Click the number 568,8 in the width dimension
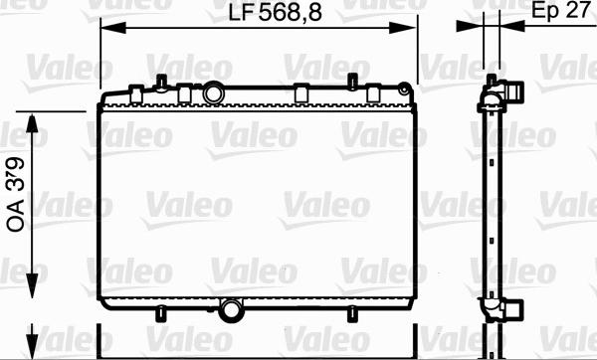pyautogui.click(x=291, y=12)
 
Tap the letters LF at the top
pyautogui.click(x=241, y=13)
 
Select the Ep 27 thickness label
pyautogui.click(x=560, y=11)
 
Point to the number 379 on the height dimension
pyautogui.click(x=16, y=174)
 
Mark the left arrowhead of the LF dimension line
pyautogui.click(x=113, y=28)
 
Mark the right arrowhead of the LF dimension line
pyautogui.click(x=403, y=28)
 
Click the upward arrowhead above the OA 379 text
pyautogui.click(x=32, y=123)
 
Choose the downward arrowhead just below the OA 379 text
pyautogui.click(x=32, y=285)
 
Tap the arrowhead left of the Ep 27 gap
pyautogui.click(x=470, y=26)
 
